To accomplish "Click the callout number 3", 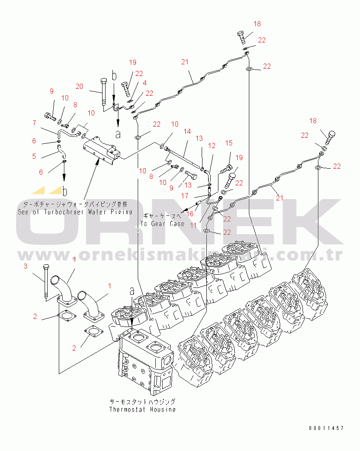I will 25,266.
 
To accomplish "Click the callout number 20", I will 79,86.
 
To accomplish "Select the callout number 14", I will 187,131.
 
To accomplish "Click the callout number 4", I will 145,83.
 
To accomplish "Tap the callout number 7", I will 34,123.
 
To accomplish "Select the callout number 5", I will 34,156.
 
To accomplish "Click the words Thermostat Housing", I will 142,409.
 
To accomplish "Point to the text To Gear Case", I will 162,224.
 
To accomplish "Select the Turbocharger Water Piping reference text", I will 75,212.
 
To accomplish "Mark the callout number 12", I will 212,146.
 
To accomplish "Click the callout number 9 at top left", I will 51,91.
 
